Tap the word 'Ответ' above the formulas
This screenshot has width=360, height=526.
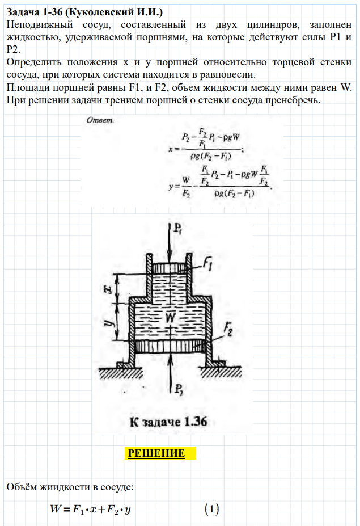click(x=99, y=120)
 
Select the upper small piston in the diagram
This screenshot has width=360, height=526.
click(x=171, y=267)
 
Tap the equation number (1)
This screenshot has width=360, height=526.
click(x=211, y=509)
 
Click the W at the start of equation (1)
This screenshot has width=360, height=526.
click(x=55, y=509)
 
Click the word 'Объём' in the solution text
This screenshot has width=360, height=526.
click(x=22, y=487)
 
